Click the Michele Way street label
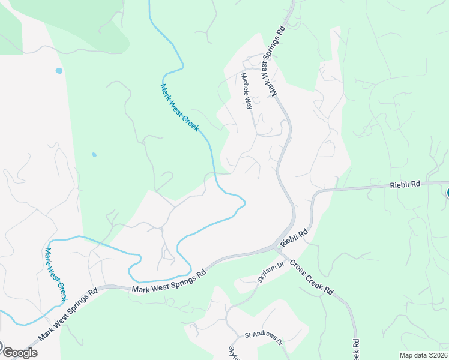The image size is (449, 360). [246, 91]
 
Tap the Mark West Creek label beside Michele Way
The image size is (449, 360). [179, 108]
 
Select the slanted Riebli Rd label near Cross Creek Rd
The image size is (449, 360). [294, 236]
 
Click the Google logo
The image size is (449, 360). [19, 353]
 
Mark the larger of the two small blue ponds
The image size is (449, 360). [59, 71]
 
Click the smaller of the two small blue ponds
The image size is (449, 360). [94, 155]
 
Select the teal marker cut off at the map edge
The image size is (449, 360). [447, 192]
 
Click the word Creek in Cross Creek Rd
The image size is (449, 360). [313, 278]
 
